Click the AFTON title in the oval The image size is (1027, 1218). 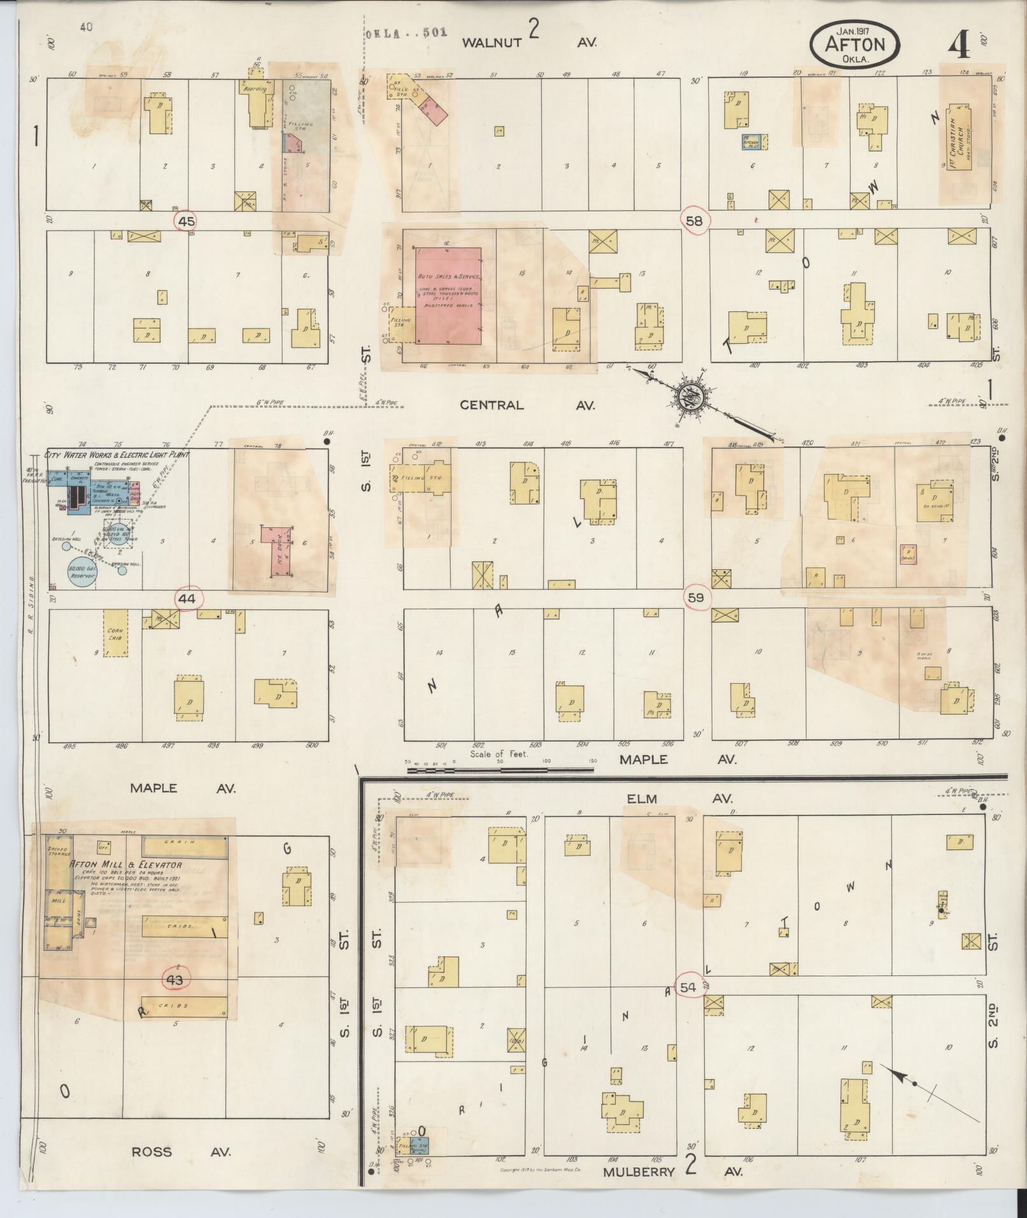(854, 45)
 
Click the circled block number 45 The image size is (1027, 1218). (187, 221)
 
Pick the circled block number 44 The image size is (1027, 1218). (187, 598)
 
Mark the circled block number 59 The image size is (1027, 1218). (696, 597)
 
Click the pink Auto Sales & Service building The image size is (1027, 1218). (448, 296)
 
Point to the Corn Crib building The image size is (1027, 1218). (116, 633)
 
